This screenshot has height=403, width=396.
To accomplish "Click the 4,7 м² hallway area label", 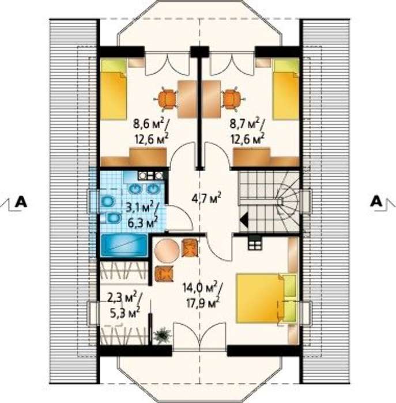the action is [x=206, y=198].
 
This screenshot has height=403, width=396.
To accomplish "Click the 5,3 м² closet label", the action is [x=125, y=313].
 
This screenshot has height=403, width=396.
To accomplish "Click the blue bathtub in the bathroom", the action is [x=124, y=245].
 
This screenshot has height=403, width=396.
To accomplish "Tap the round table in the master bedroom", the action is [x=168, y=250].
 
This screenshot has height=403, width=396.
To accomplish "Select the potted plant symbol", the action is [x=163, y=335].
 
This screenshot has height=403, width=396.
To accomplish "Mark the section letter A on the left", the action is [x=21, y=201].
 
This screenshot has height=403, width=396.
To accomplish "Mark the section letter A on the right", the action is [x=376, y=201].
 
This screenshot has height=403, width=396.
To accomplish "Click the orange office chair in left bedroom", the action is [x=166, y=98].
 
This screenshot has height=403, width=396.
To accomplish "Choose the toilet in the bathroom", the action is [x=112, y=218].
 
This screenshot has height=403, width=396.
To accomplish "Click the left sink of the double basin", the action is [x=135, y=189].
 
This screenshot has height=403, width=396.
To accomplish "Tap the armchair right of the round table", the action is [x=190, y=248].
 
